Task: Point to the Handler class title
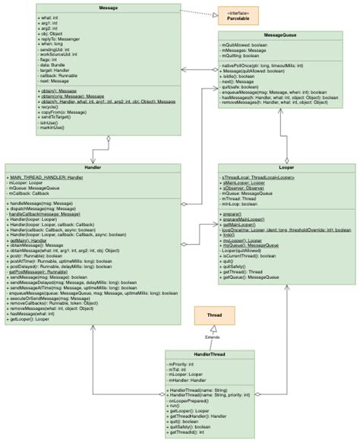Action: pyautogui.click(x=93, y=168)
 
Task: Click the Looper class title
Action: pyautogui.click(x=286, y=168)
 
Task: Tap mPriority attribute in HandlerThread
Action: pyautogui.click(x=182, y=364)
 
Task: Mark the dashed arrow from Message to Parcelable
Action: pyautogui.click(x=199, y=11)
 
